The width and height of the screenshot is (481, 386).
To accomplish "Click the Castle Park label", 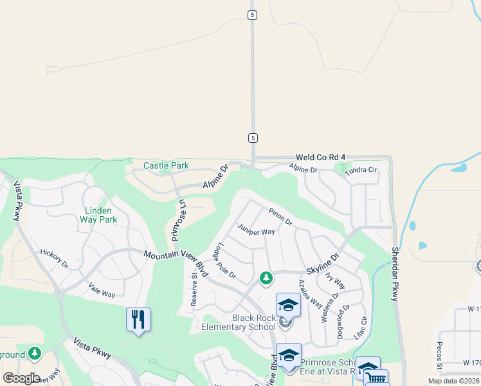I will pos(166,165).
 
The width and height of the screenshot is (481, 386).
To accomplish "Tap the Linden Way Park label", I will pos(98,215).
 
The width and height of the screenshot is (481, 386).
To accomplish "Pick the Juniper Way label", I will pos(256,231).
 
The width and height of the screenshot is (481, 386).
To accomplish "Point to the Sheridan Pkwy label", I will pos(395,273).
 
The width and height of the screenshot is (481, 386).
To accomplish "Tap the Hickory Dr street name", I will pos(54,258).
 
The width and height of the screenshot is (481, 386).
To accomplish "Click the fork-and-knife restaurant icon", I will pos(138,320).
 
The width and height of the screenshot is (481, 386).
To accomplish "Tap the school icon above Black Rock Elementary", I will pos(288,304).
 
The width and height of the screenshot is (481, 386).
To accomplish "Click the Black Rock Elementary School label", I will pos(245,322).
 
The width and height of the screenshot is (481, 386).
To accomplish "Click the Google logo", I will pos(21,378).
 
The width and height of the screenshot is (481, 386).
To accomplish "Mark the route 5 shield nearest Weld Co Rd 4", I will pos(253,138).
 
